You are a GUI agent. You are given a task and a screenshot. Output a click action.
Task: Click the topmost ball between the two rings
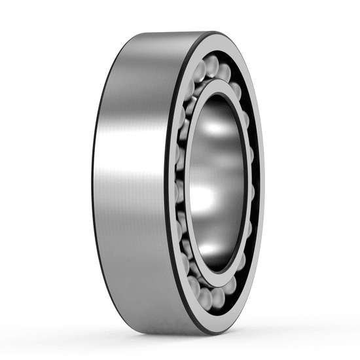pyautogui.click(x=211, y=64)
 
